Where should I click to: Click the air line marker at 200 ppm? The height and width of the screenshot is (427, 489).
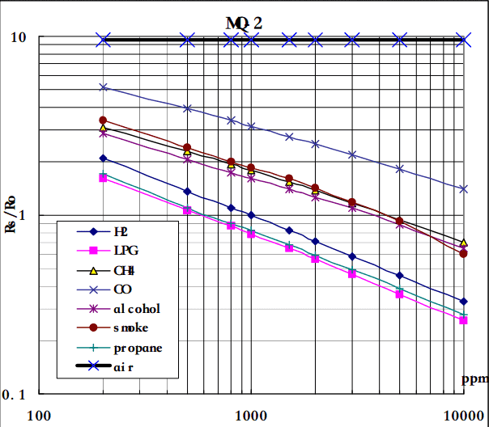coord(104,39)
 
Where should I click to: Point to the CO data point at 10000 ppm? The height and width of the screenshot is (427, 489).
coord(463,188)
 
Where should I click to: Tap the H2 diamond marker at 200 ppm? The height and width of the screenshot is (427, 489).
coord(104,159)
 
